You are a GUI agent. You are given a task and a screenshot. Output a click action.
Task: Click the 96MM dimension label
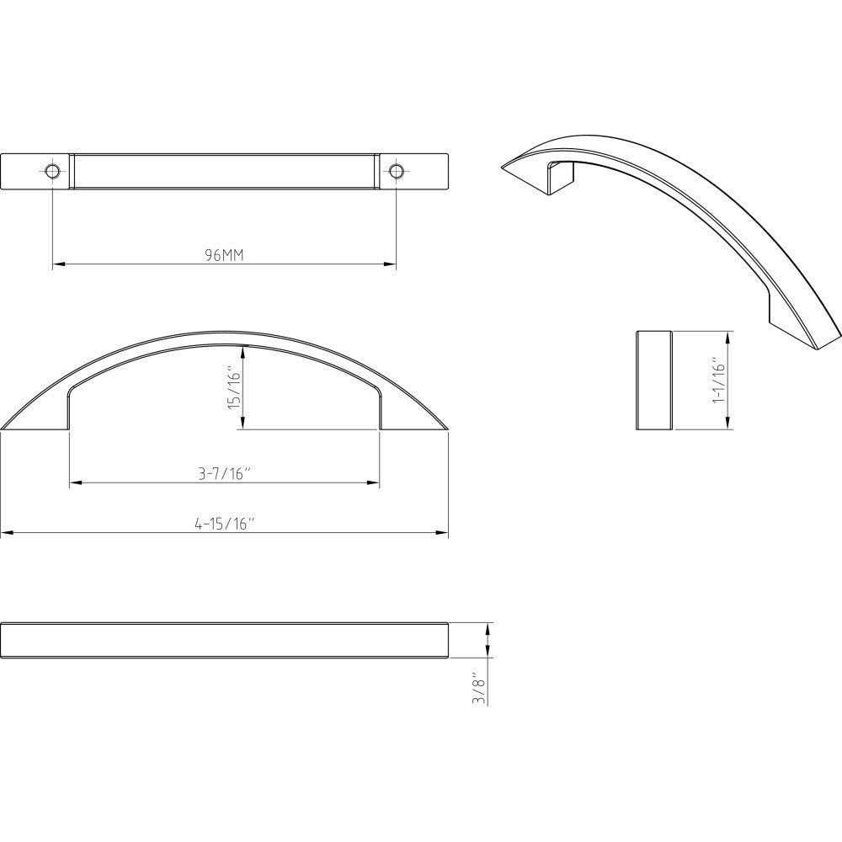[224, 255]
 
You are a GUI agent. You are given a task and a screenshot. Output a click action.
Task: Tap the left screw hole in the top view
[52, 172]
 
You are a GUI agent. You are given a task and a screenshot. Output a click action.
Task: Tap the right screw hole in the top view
[396, 172]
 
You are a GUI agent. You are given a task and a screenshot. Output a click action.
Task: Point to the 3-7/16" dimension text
[224, 474]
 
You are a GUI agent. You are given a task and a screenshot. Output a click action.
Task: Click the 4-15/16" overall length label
[224, 524]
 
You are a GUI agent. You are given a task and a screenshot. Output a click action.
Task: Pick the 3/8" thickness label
[480, 687]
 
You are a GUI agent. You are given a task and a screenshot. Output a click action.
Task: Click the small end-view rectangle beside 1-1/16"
[653, 380]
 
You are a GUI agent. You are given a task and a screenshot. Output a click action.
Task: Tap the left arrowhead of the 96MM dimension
[57, 264]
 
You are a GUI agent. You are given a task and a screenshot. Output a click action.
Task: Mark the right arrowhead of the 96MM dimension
[391, 264]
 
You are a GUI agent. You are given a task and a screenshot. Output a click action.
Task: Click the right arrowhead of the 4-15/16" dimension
[443, 532]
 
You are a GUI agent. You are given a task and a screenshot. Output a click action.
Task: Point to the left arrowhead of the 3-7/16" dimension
[74, 483]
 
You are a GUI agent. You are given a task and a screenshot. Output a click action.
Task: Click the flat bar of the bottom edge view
[224, 640]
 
